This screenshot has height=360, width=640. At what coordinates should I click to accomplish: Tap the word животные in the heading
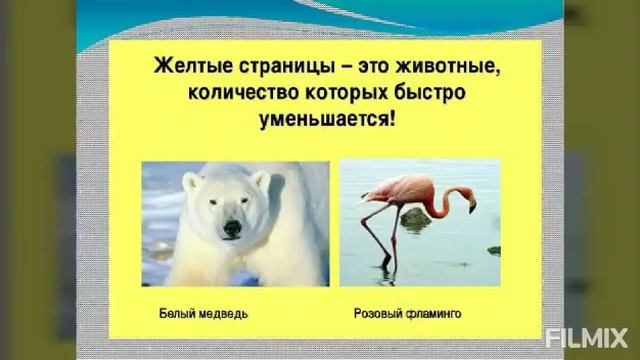[442, 68]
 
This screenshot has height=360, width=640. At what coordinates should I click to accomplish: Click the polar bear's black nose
[232, 228]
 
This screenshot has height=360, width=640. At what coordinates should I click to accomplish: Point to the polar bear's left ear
[192, 182]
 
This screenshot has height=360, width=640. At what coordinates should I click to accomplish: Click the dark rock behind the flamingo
[416, 219]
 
